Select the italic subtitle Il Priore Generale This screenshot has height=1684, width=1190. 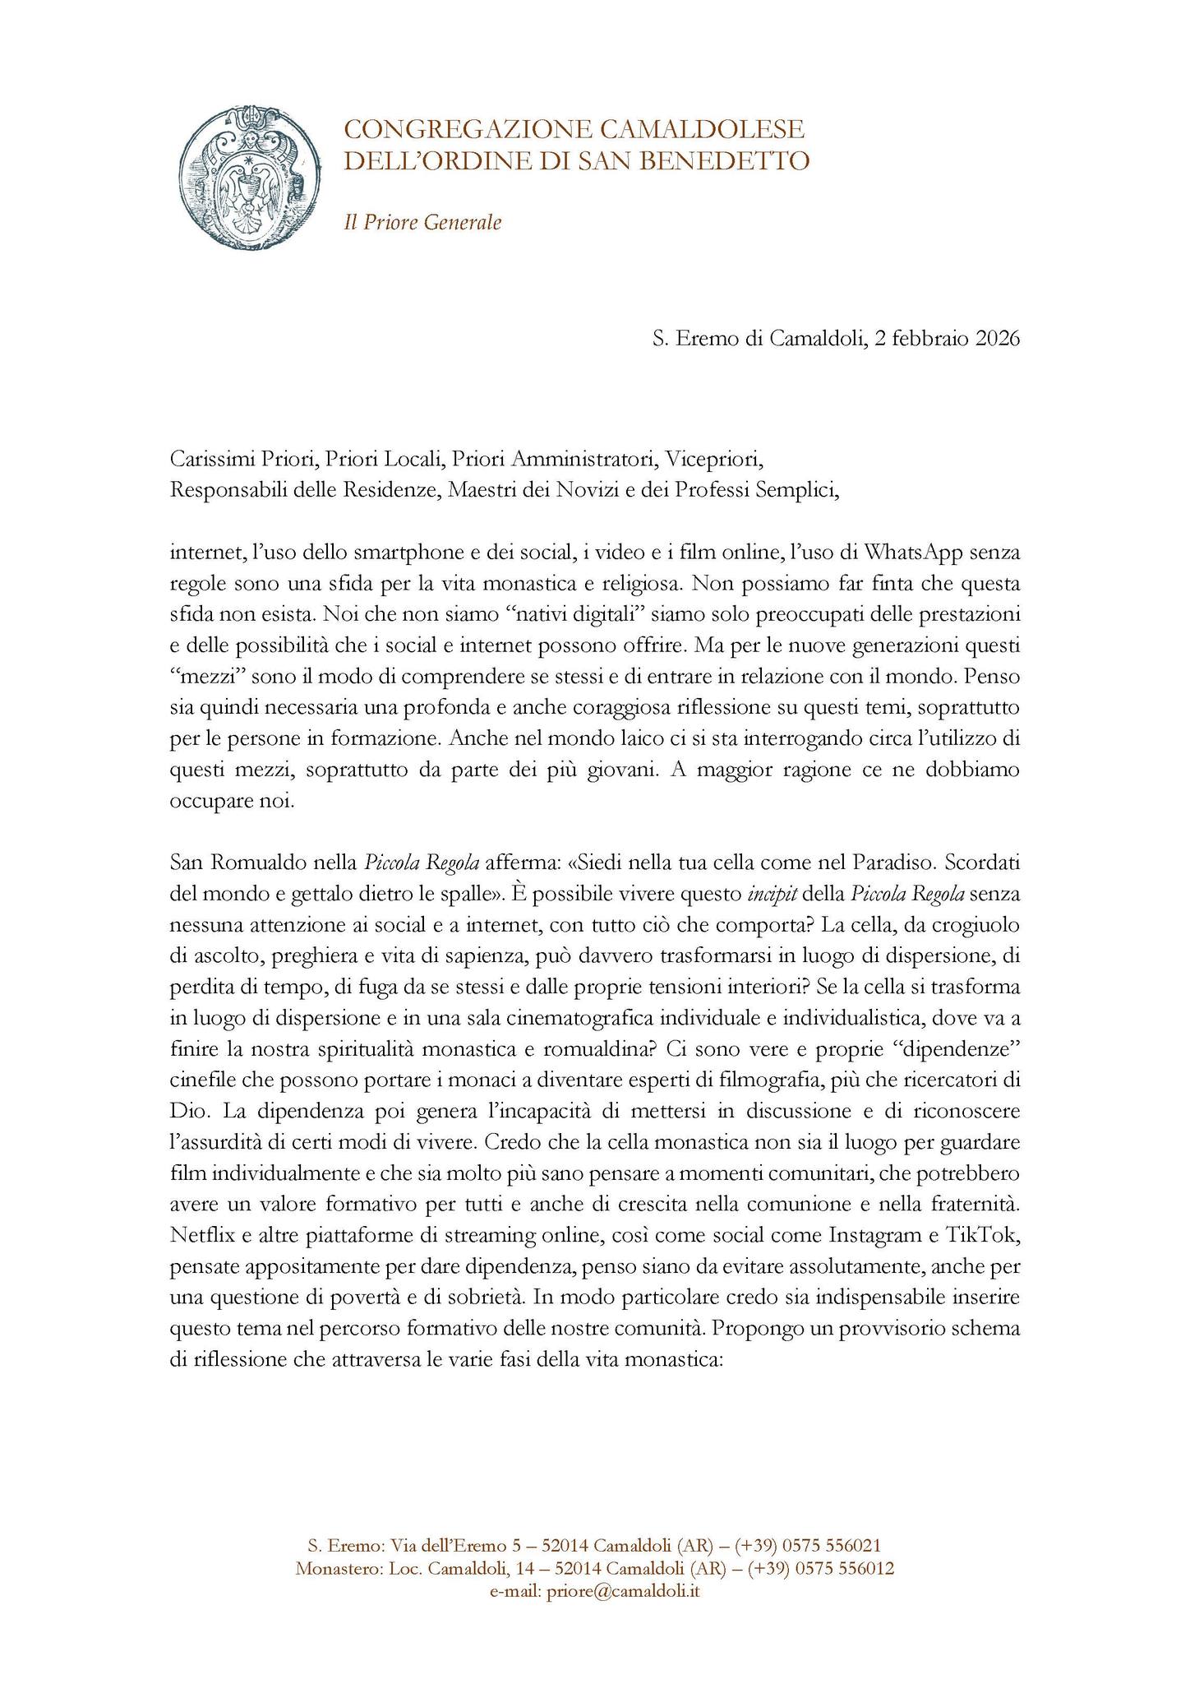pyautogui.click(x=422, y=222)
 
